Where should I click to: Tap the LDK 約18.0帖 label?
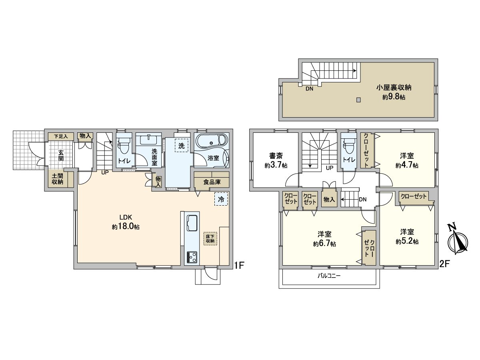[126, 222]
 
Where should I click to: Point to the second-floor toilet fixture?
[349, 146]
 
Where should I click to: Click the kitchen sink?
[192, 222]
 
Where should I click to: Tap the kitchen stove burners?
[192, 256]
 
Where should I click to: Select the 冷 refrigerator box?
[221, 199]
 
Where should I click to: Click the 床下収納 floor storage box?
[210, 238]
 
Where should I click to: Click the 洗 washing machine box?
[182, 146]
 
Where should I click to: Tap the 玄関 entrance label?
[61, 156]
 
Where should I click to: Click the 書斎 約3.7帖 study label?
[276, 160]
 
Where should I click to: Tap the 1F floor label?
[239, 264]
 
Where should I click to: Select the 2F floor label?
[444, 264]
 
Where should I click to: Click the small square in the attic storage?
[359, 100]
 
